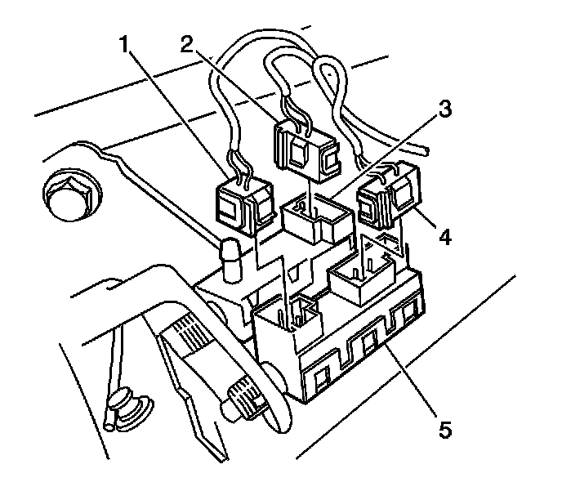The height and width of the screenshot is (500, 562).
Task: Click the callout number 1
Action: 125,46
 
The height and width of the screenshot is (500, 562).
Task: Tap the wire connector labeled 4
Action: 388,200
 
